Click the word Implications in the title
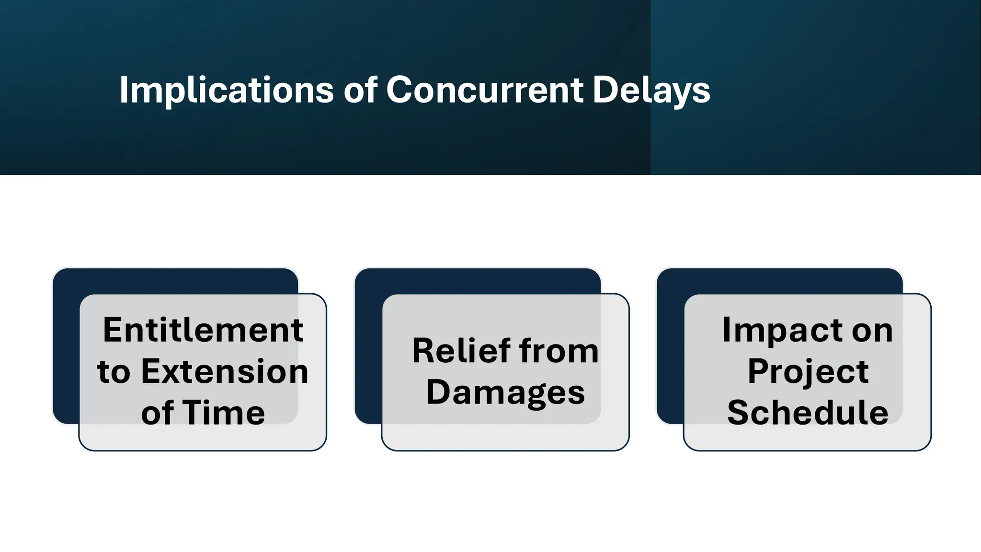coord(226,90)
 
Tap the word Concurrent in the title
coord(485,90)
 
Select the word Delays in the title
coord(651,90)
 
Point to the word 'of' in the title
coord(360,90)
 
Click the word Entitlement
coord(203,330)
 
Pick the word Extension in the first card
coord(225,372)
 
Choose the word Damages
coord(505,392)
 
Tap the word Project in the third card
coord(808,372)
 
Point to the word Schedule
coord(808,413)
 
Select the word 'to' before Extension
coord(114,372)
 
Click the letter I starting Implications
coord(123,90)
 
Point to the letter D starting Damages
coord(438,391)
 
